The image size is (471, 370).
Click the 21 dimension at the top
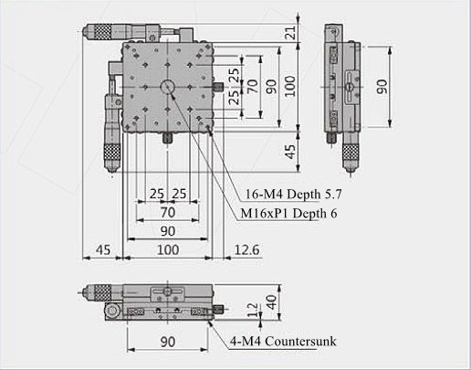coord(291,32)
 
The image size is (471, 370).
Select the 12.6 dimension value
coord(246,250)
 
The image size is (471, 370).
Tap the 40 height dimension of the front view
coord(271,302)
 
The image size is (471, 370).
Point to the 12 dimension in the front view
coord(253,310)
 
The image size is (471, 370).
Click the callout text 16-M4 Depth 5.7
coord(294,194)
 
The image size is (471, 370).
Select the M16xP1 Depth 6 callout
coord(288,213)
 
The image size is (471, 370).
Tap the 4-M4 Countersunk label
coord(283,341)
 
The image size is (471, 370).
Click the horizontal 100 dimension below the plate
coord(168,250)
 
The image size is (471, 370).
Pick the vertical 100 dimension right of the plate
coord(290,86)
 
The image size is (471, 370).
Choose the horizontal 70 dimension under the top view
coord(168,212)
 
